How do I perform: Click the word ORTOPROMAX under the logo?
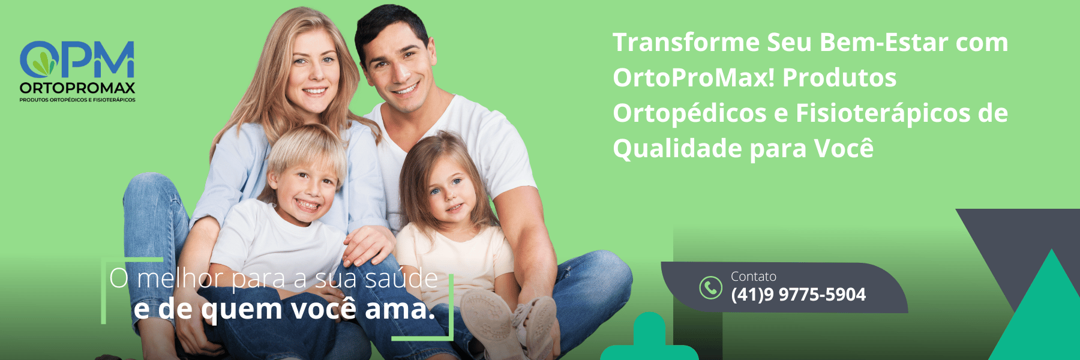pyautogui.click(x=77, y=88)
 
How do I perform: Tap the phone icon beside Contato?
pyautogui.click(x=710, y=287)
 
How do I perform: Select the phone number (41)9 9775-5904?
pyautogui.click(x=798, y=295)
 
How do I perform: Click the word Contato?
pyautogui.click(x=753, y=277)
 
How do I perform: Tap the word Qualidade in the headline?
pyautogui.click(x=677, y=149)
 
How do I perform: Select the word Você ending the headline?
pyautogui.click(x=844, y=148)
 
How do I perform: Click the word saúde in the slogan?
pyautogui.click(x=401, y=278)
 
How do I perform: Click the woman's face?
pyautogui.click(x=314, y=72)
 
